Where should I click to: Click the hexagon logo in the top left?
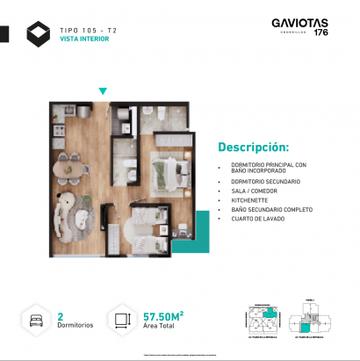pyautogui.click(x=39, y=35)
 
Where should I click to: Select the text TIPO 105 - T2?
pyautogui.click(x=88, y=30)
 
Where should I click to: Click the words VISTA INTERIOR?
pyautogui.click(x=84, y=40)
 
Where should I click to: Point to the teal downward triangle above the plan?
pyautogui.click(x=103, y=90)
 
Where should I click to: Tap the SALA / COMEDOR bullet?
pyautogui.click(x=251, y=191)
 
